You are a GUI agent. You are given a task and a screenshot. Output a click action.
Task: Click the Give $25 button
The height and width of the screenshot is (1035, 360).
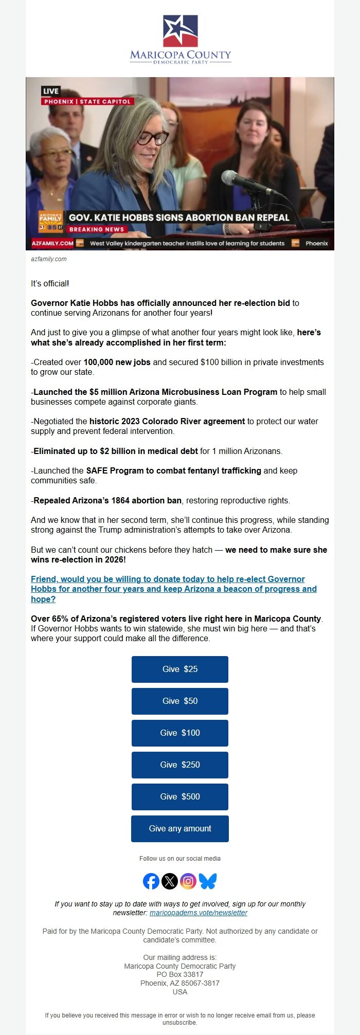pos(179,669)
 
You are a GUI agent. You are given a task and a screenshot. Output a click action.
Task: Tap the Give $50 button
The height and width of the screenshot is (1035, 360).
pos(179,701)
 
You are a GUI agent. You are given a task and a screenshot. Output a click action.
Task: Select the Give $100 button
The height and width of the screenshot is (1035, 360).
pos(179,733)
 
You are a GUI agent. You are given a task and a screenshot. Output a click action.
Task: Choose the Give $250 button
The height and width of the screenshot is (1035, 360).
pos(179,765)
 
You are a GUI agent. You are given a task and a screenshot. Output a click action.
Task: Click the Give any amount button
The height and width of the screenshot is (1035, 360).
pos(179,828)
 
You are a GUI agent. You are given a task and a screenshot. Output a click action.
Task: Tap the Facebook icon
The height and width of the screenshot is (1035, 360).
pos(151,881)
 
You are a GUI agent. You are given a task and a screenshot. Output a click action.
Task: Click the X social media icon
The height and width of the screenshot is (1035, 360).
pos(170,881)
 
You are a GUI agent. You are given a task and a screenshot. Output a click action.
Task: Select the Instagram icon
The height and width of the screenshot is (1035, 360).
pos(188,881)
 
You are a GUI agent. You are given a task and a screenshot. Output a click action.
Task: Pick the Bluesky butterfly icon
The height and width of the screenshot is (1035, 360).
pos(208,881)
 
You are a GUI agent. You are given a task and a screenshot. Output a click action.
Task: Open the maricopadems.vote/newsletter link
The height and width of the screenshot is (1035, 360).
pos(199,913)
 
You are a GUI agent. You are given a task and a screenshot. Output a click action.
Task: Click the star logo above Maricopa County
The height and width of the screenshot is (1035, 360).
pos(180,31)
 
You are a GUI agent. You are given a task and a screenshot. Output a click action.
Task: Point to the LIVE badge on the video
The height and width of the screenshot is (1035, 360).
pos(51,91)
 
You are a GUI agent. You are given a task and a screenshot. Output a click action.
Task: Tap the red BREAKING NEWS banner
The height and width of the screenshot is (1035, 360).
pos(97,229)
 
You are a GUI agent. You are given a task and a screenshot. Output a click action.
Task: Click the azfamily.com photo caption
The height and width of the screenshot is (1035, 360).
pos(49,259)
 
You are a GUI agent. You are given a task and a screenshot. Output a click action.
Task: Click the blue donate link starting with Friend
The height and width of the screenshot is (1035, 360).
pos(173,589)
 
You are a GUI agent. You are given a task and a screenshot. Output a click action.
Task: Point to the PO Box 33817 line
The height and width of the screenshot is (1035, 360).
pos(180,974)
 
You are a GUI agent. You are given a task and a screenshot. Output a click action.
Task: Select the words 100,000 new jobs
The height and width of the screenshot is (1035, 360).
pos(117,362)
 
